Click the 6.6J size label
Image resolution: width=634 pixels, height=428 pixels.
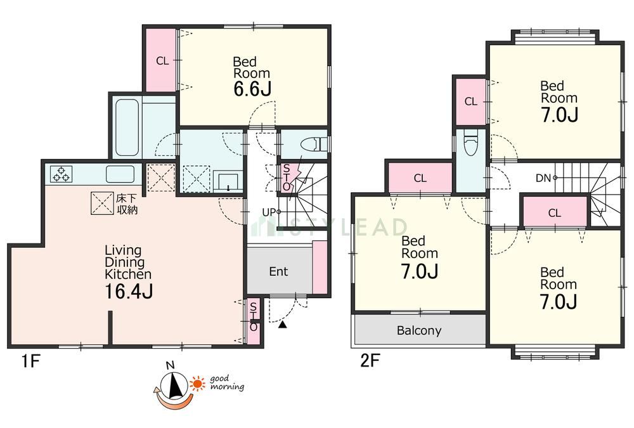252,89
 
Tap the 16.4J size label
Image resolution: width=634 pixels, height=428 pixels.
129,291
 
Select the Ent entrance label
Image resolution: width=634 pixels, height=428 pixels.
278,271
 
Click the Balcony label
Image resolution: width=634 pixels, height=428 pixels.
419,330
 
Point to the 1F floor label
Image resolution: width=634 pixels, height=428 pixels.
30,360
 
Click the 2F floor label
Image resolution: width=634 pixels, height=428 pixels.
370,360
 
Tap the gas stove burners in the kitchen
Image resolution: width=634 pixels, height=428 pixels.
61,174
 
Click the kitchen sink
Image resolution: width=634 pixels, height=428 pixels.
120,174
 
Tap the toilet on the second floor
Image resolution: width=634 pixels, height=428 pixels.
470,143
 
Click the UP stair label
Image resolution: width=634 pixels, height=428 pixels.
269,212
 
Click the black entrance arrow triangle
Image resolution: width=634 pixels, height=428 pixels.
282,325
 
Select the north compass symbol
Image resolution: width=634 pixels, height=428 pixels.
174,385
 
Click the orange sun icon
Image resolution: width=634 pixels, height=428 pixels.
198,384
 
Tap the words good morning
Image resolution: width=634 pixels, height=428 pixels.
227,383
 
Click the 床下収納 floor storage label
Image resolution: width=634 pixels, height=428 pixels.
127,204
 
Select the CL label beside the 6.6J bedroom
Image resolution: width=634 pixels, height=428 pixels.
162,61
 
